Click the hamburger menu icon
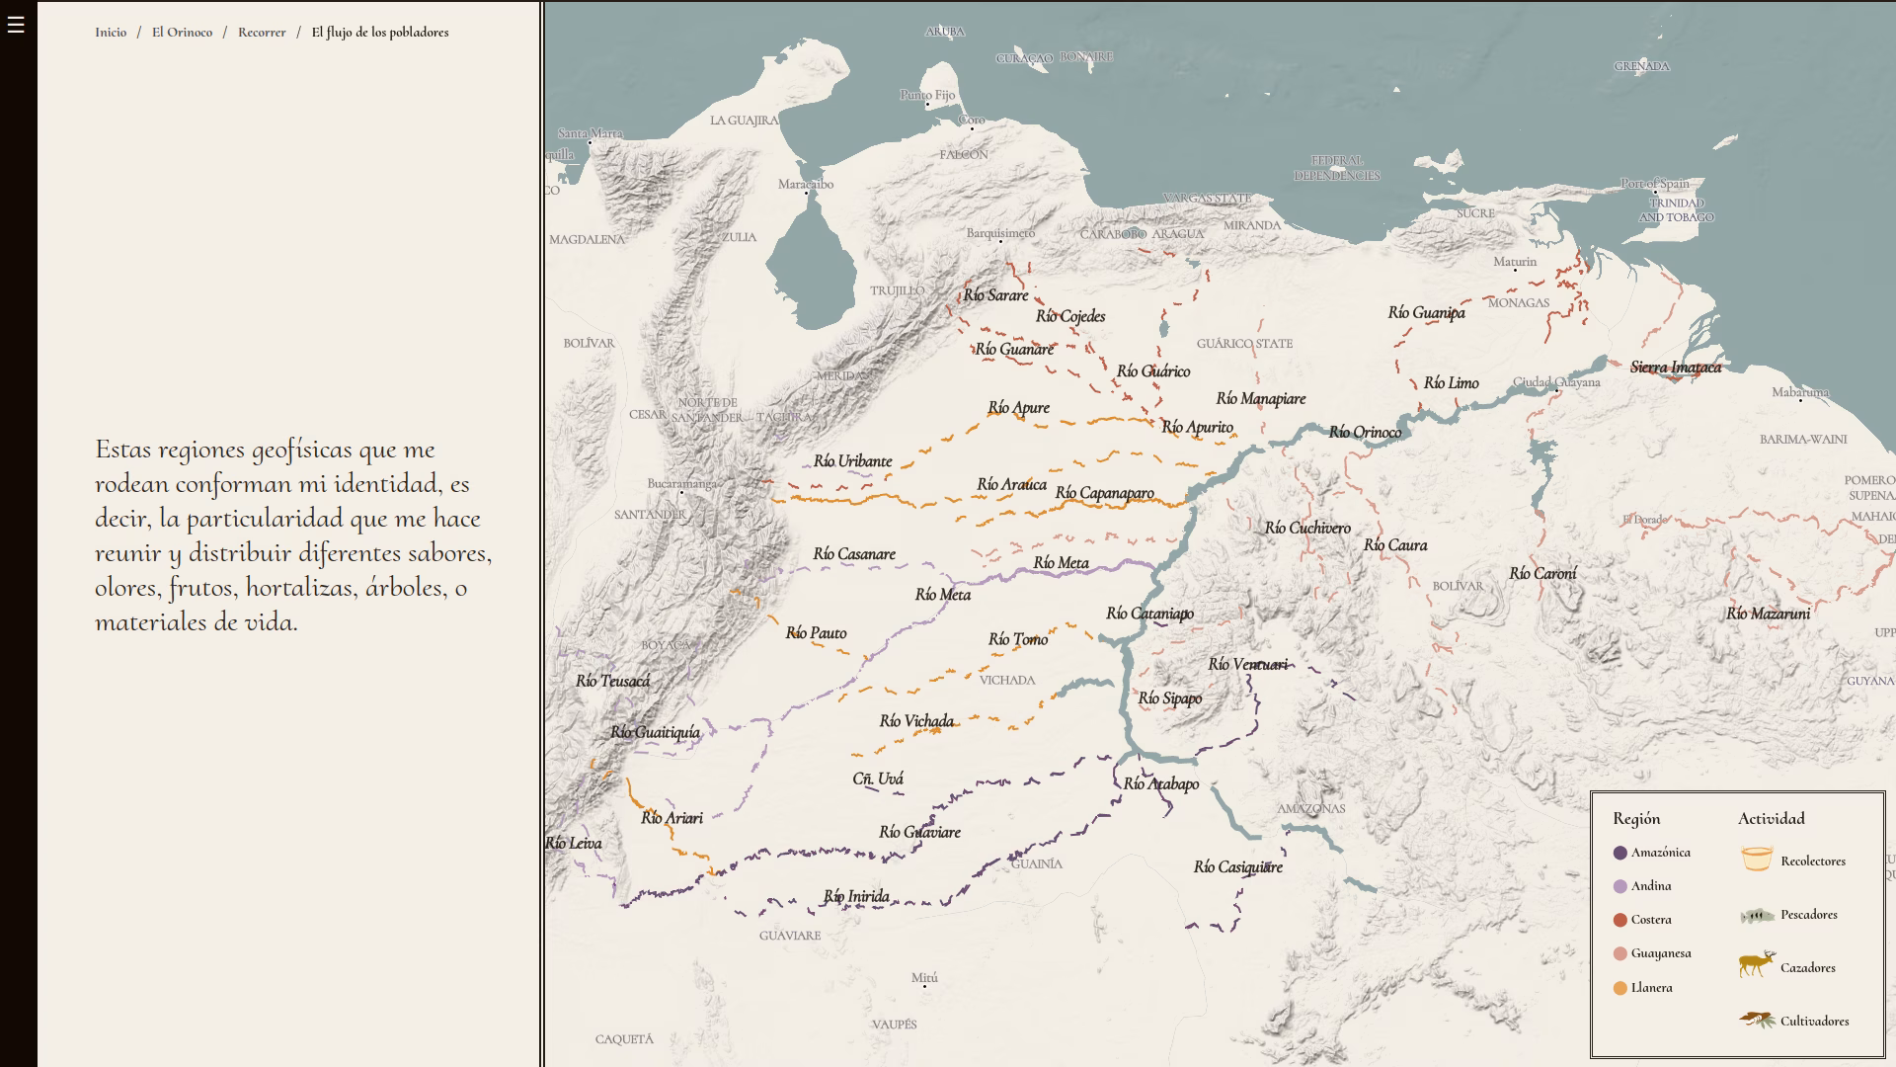(16, 26)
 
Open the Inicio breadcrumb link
(111, 33)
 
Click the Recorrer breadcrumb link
(262, 33)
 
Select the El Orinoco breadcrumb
(182, 33)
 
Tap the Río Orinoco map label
(1365, 432)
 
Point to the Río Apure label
(1018, 408)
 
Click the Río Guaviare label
(919, 832)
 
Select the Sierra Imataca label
(1675, 368)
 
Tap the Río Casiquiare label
(1237, 867)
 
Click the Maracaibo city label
(805, 185)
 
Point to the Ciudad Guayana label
(1556, 383)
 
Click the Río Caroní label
(1542, 574)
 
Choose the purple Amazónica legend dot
(1619, 853)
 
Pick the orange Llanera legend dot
(1619, 988)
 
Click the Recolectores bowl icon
(1757, 860)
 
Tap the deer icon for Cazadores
(1757, 965)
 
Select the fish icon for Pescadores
(1757, 916)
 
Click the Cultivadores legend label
(1814, 1022)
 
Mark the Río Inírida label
(856, 897)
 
